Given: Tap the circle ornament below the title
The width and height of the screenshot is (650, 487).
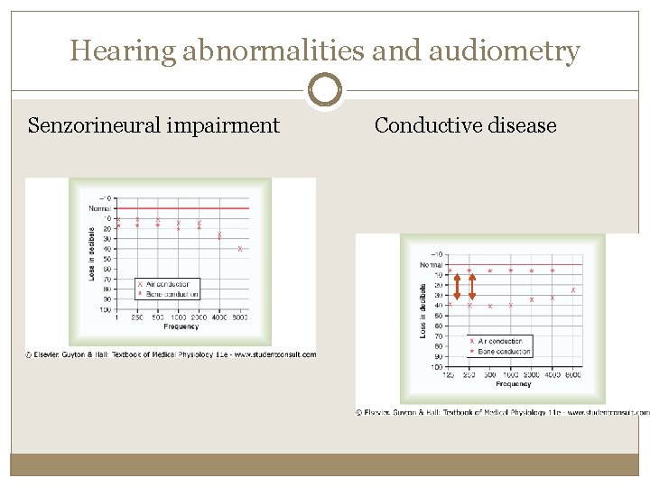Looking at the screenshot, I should (x=325, y=90).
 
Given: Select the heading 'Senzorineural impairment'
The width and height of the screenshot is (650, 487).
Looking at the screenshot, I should (x=153, y=125).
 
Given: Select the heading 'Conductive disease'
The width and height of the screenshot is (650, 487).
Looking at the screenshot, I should (x=465, y=125).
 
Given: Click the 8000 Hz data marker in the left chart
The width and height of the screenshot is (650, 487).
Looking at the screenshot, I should (x=240, y=248).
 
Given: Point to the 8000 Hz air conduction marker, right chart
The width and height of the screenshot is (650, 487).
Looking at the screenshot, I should (x=573, y=289).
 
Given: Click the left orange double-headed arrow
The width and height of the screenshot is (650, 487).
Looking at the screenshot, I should (x=457, y=287).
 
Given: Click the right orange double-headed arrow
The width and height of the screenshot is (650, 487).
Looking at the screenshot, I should (x=471, y=287).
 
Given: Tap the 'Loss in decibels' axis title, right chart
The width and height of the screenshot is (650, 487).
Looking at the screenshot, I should (x=424, y=311).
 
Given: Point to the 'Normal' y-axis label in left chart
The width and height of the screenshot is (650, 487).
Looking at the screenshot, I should (x=100, y=208).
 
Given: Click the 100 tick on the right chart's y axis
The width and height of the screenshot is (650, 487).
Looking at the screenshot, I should (x=437, y=367).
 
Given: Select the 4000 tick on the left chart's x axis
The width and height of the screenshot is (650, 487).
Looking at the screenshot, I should (x=219, y=317).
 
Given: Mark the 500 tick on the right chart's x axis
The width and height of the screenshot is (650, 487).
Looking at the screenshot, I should (x=489, y=374).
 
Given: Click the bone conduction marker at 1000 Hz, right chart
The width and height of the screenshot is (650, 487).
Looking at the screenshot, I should (x=511, y=270).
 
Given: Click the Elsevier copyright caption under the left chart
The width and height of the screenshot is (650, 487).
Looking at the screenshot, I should (x=171, y=354).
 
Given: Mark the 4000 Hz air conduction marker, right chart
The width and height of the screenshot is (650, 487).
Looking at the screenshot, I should (x=552, y=298).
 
